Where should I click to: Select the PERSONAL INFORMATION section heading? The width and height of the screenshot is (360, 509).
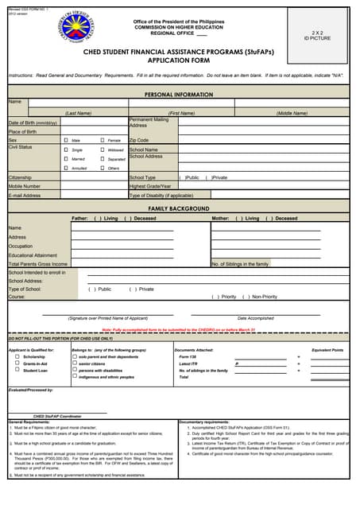coord(179,94)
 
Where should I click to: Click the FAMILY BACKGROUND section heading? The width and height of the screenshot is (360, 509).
coord(179,208)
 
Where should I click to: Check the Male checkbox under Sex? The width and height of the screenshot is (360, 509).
coord(66,140)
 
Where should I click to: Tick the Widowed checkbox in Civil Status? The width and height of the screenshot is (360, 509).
coord(103,150)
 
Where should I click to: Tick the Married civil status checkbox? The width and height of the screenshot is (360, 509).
coord(66,159)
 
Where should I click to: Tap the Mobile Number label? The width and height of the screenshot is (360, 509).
coord(26,186)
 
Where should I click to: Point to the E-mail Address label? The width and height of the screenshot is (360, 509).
coord(25,195)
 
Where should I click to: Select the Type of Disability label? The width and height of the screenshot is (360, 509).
coord(161,195)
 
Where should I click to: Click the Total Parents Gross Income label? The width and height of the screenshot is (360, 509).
coord(38,263)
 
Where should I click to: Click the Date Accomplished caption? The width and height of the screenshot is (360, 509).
coord(255,318)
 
